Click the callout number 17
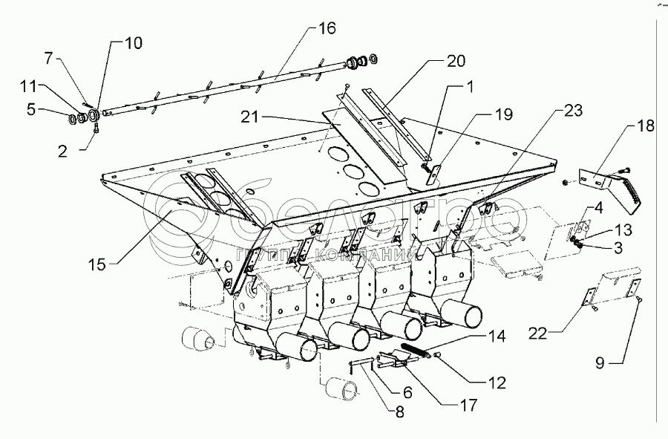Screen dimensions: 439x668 click(x=469, y=406)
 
